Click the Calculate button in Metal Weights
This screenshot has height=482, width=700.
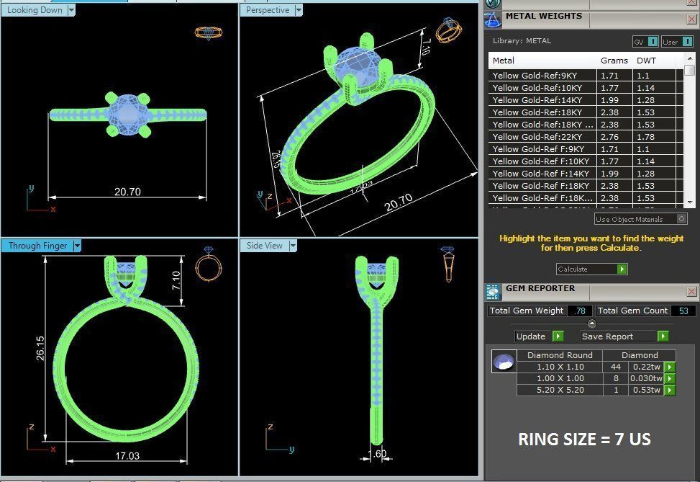click(591, 269)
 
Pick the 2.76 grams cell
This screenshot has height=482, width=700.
click(609, 137)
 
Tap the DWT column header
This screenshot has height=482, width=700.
click(646, 61)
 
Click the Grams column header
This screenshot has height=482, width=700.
click(614, 61)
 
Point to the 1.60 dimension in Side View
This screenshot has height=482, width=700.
click(377, 454)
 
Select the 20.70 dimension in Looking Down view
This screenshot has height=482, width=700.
click(127, 192)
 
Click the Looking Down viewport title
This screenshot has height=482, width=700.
click(35, 10)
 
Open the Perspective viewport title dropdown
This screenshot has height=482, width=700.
click(298, 10)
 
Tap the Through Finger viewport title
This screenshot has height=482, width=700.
click(37, 246)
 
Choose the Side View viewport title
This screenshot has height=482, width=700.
click(265, 246)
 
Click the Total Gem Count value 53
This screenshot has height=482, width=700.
click(683, 311)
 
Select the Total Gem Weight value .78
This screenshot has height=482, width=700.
click(579, 311)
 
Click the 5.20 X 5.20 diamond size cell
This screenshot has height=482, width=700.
click(560, 390)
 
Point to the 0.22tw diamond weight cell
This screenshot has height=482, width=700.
click(645, 367)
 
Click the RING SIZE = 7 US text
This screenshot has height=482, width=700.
click(584, 439)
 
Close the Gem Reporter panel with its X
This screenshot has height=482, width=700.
click(691, 291)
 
